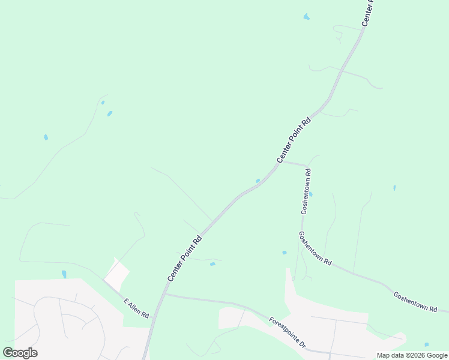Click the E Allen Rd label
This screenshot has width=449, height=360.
pyautogui.click(x=136, y=308)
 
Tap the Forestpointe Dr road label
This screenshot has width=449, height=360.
pyautogui.click(x=288, y=333)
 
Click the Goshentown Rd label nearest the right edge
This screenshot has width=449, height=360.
pyautogui.click(x=415, y=301)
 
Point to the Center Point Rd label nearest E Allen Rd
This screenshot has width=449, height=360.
pyautogui.click(x=184, y=259)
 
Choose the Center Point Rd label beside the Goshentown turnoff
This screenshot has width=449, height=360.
pyautogui.click(x=294, y=139)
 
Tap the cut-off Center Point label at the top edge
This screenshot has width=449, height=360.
pyautogui.click(x=367, y=13)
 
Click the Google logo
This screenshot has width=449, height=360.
pyautogui.click(x=20, y=353)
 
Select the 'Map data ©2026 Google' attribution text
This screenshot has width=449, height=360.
pyautogui.click(x=412, y=355)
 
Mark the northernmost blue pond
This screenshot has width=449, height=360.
pyautogui.click(x=307, y=17)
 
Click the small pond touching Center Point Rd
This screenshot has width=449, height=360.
pyautogui.click(x=258, y=181)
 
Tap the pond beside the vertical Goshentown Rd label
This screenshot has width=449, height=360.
pyautogui.click(x=310, y=194)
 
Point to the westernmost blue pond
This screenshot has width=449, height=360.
pyautogui.click(x=46, y=137)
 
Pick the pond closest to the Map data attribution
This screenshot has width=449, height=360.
pyautogui.click(x=426, y=344)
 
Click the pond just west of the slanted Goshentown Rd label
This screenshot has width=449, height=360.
pyautogui.click(x=284, y=253)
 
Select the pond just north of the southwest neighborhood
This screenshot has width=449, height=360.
pyautogui.click(x=64, y=274)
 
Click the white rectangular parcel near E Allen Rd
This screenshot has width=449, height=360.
pyautogui.click(x=116, y=274)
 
